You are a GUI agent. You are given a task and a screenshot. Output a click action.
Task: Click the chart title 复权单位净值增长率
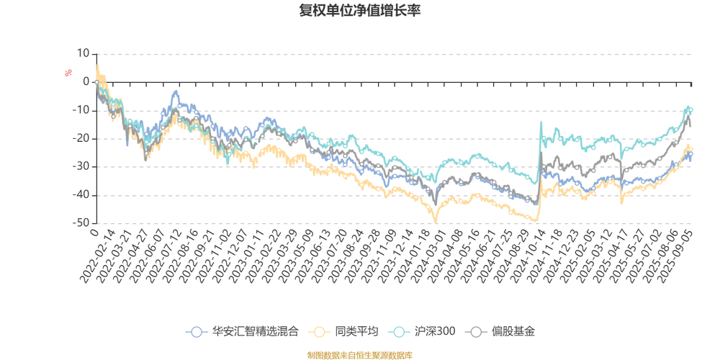pos(360,11)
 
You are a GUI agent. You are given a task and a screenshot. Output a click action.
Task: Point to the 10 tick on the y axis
pos(84,53)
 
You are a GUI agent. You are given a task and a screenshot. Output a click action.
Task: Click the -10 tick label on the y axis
pos(81,110)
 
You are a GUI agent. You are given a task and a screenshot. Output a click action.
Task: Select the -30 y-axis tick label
pos(81,167)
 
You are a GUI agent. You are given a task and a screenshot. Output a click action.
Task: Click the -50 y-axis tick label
pos(81,223)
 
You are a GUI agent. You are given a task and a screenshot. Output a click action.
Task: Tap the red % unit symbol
pos(68,73)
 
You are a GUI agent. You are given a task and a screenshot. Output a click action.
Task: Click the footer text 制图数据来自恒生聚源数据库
pos(360,355)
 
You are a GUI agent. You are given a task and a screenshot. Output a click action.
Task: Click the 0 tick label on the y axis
pos(86,82)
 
